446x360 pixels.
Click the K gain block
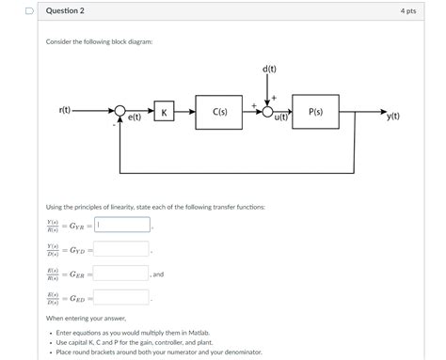click(x=164, y=112)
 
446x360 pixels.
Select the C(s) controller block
click(x=219, y=112)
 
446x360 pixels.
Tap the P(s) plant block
click(x=316, y=112)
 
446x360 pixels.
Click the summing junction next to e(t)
click(x=120, y=112)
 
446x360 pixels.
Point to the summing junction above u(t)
click(x=270, y=112)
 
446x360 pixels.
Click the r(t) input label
click(x=66, y=111)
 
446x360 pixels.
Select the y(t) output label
click(x=394, y=117)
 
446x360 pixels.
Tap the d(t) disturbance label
click(x=270, y=69)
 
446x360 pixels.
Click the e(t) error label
click(x=135, y=118)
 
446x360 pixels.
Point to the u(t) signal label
click(x=280, y=118)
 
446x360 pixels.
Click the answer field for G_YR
click(x=121, y=225)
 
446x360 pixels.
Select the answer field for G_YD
click(x=121, y=249)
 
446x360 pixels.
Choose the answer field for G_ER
click(x=121, y=274)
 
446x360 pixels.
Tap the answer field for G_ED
click(x=121, y=297)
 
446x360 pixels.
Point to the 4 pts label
click(x=407, y=11)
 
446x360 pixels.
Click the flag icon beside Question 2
click(x=30, y=10)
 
